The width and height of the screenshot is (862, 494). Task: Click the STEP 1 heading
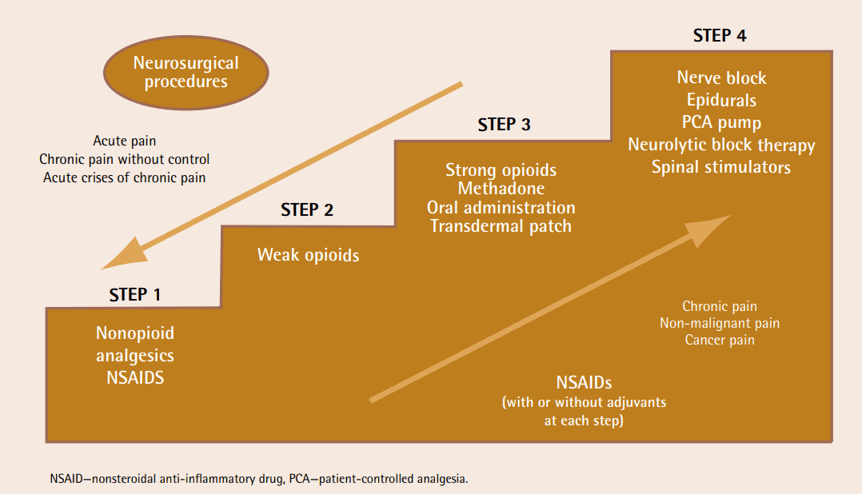click(x=135, y=294)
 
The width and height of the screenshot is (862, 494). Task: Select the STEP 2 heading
click(x=307, y=210)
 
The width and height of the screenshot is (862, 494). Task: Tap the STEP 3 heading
click(x=504, y=125)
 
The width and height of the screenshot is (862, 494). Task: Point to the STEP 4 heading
click(x=720, y=36)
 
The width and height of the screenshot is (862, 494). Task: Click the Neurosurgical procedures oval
click(x=186, y=74)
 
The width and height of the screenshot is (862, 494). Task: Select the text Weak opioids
click(x=308, y=255)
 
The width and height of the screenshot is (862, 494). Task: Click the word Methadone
click(x=501, y=189)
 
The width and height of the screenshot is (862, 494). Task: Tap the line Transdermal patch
click(x=501, y=225)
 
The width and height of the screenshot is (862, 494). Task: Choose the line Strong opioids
click(x=501, y=170)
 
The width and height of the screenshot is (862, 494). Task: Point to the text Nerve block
click(x=721, y=78)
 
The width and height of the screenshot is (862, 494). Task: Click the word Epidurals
click(x=721, y=101)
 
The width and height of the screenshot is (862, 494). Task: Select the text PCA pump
click(x=721, y=123)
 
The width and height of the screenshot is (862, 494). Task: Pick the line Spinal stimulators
click(x=721, y=167)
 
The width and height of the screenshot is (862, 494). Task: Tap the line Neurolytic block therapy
click(x=721, y=145)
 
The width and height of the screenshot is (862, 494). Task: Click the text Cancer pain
click(x=720, y=340)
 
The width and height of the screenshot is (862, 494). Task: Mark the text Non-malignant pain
click(x=720, y=323)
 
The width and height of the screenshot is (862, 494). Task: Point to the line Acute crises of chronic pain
click(x=124, y=177)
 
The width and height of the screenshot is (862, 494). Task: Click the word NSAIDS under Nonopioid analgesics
click(x=135, y=377)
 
